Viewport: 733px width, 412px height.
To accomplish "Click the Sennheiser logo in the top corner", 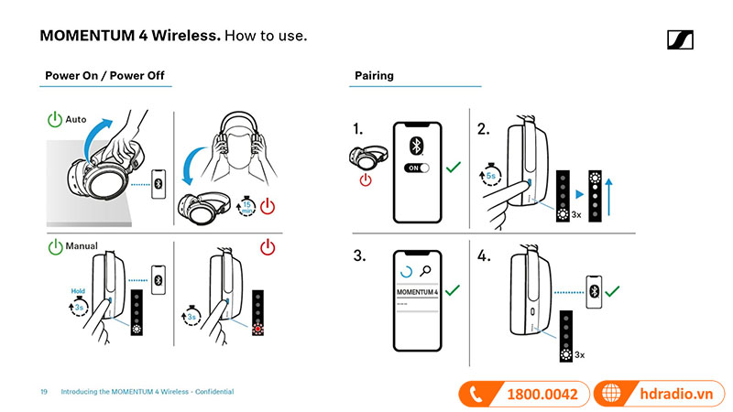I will pyautogui.click(x=680, y=38).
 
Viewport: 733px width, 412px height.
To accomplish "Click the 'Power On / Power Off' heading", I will pyautogui.click(x=104, y=75).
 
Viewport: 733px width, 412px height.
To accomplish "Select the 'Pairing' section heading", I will pyautogui.click(x=374, y=75).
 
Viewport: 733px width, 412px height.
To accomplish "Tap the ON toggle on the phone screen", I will pyautogui.click(x=417, y=168).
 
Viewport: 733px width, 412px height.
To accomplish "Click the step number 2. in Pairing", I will pyautogui.click(x=483, y=129).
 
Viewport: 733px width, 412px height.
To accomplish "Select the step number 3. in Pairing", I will pyautogui.click(x=360, y=255).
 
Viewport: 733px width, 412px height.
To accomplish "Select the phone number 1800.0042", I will pyautogui.click(x=542, y=394).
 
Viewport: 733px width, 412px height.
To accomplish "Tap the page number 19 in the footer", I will pyautogui.click(x=43, y=392).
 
